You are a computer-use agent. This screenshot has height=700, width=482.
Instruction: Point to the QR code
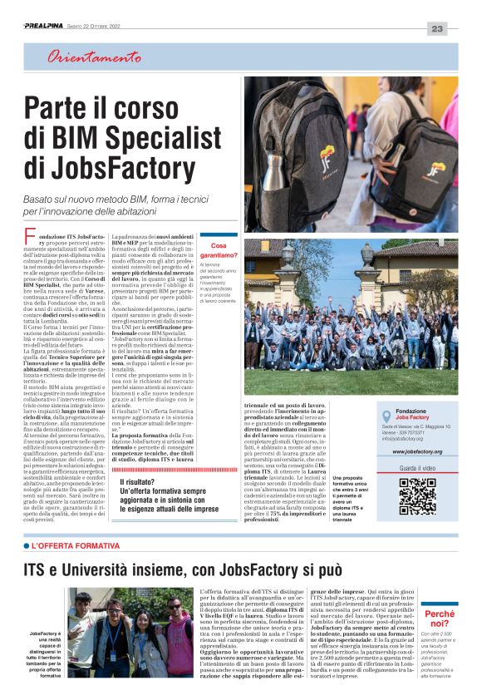point(417,496)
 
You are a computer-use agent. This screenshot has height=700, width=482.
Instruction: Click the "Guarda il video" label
point(417,468)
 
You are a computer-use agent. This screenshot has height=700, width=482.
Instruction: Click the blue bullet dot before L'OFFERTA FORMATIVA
point(27,545)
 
